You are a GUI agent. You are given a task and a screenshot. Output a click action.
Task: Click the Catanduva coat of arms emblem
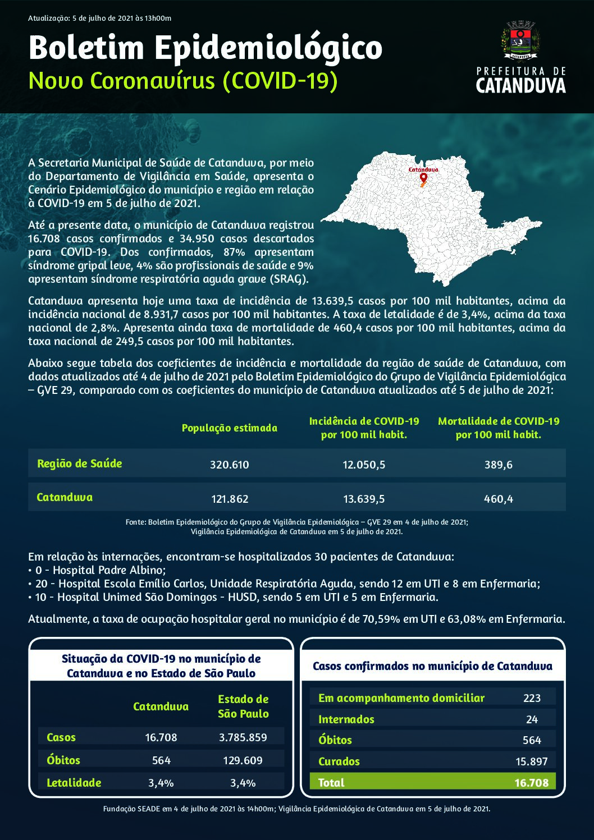tap(520, 40)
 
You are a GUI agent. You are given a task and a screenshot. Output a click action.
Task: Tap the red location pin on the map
tap(423, 178)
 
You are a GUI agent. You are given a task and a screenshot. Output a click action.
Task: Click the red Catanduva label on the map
tap(423, 169)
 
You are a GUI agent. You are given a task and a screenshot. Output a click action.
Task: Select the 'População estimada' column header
tap(229, 428)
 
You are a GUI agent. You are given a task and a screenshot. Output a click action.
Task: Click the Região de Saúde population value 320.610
tap(229, 465)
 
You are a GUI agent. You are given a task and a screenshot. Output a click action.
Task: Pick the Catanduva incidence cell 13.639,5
tap(364, 499)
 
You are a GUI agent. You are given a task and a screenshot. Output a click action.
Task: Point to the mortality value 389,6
tap(499, 465)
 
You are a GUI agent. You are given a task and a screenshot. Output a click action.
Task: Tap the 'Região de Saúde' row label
tap(79, 463)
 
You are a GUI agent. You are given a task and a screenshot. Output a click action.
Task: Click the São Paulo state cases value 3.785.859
tap(243, 737)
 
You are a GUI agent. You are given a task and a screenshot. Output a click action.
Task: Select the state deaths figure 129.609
tap(243, 760)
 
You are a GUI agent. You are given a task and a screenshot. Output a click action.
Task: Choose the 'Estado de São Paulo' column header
tap(243, 706)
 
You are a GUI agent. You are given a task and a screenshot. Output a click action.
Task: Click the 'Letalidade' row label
tap(74, 783)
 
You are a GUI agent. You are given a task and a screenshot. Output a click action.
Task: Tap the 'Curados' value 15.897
tap(531, 761)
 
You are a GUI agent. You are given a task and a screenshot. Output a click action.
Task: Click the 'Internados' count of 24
tap(532, 719)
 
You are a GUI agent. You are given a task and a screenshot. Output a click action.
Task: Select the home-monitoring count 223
tap(532, 698)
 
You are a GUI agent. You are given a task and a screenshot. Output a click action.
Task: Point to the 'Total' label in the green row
tap(331, 783)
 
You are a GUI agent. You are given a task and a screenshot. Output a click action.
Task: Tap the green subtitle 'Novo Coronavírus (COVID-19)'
tap(183, 81)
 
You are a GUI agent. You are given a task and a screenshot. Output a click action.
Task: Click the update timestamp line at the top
tap(99, 18)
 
